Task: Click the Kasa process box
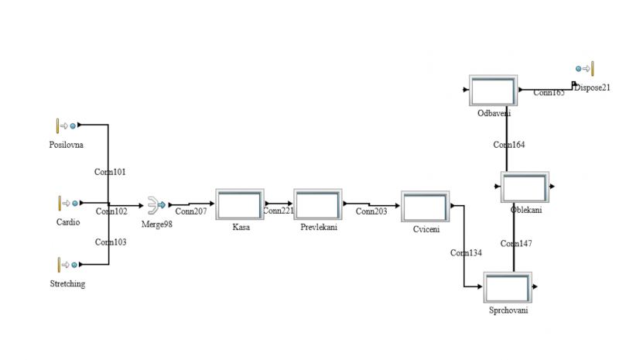coord(240,205)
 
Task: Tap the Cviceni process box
coord(425,207)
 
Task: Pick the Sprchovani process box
coord(508,288)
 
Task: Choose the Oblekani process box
coord(525,187)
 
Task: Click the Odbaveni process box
coord(493,91)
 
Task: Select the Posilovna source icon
coord(66,125)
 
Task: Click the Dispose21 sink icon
coord(586,69)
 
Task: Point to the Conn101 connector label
coord(110,172)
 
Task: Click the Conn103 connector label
coord(111,242)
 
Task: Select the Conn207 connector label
coord(190,211)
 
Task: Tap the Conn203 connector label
coord(371,211)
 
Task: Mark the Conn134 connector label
coord(466,253)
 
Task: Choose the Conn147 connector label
coord(515,244)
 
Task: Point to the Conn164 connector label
coord(508,145)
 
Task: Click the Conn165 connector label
coord(549,93)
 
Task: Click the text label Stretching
coord(67,284)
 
